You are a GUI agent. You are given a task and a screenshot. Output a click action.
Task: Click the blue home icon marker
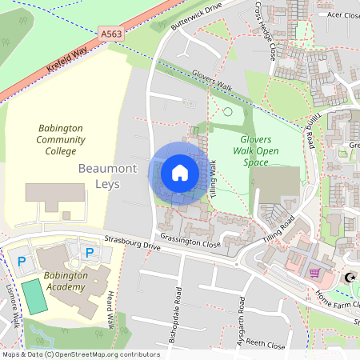tap(179, 173)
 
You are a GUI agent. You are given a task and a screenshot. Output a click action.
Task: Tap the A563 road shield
tap(112, 34)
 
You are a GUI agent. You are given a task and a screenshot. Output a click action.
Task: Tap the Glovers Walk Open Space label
tap(256, 150)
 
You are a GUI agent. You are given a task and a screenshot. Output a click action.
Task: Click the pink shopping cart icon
tap(315, 272)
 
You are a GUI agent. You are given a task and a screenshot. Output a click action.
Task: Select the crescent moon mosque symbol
tap(349, 278)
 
